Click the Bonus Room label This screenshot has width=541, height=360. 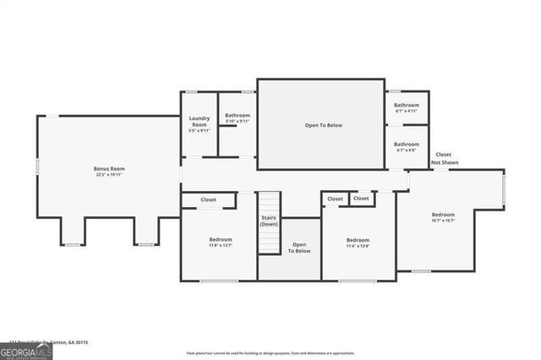point(107,169)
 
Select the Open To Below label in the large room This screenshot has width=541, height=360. point(324,125)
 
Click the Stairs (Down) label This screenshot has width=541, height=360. point(269,221)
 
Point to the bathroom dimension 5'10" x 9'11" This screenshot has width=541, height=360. point(238,121)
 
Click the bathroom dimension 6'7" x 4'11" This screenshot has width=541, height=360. point(407,111)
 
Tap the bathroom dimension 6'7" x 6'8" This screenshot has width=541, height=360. point(407,150)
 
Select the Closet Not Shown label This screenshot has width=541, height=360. point(443,158)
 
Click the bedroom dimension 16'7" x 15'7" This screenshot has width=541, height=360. point(443,221)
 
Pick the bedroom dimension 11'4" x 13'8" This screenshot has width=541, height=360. point(358,246)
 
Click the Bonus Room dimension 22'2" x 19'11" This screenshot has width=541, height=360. point(107,175)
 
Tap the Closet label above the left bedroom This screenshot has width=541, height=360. point(208,200)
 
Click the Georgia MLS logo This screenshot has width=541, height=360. point(26,352)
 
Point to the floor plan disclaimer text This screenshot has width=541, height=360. point(270,352)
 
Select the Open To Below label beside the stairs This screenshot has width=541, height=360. point(299,248)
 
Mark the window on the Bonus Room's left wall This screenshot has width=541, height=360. point(37,166)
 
